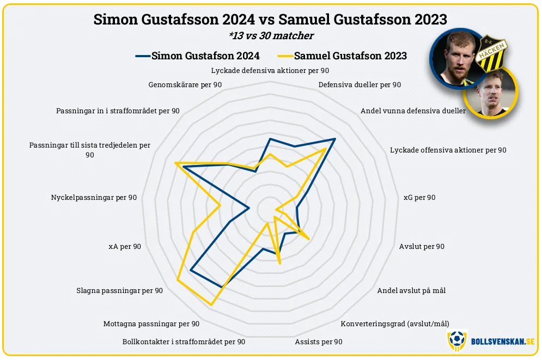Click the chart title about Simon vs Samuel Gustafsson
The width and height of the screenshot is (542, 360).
[x=270, y=20]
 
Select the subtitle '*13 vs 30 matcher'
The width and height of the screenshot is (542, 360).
[x=271, y=36]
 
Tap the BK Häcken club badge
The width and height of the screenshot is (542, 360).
[x=491, y=54]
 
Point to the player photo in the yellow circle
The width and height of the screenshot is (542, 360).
[x=490, y=93]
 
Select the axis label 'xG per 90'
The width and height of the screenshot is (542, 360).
[x=419, y=197]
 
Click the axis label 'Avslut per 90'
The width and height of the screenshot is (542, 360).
[x=422, y=246]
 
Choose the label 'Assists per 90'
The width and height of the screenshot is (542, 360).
[x=319, y=341]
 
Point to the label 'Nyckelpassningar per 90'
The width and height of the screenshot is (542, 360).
[x=94, y=197]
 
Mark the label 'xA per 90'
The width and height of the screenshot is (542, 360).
[x=125, y=246]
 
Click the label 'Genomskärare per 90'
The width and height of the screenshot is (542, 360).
[x=185, y=85]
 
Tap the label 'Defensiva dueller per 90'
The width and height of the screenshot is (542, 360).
[x=360, y=85]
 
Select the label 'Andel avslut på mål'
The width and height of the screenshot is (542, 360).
[x=411, y=290]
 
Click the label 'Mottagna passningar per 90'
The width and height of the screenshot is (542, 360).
[x=151, y=324]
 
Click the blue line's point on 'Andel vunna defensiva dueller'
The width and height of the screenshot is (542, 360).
[x=334, y=139]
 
